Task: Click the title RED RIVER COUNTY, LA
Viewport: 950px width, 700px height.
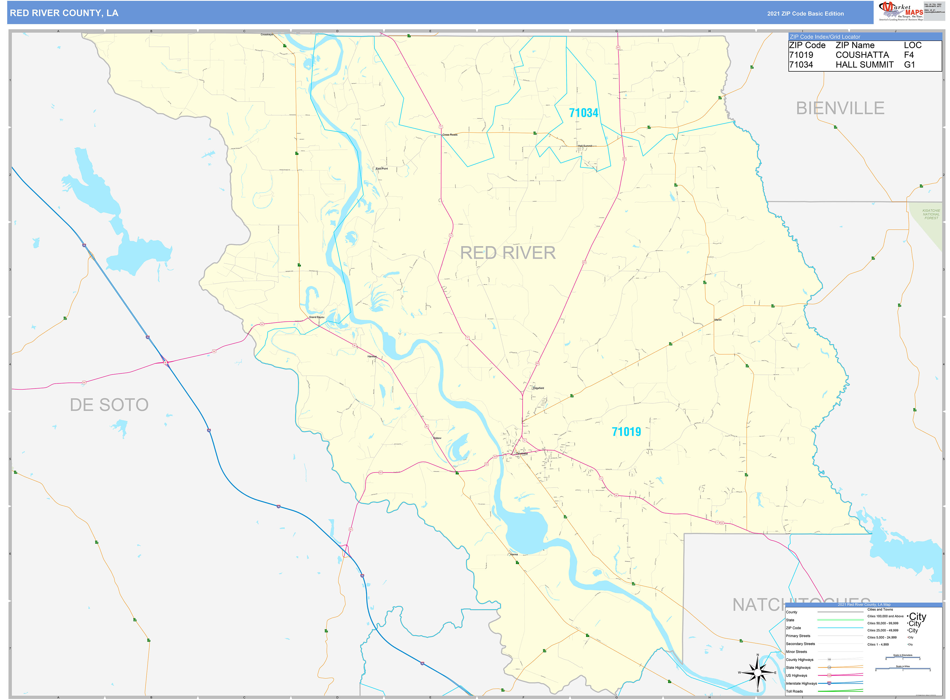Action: (x=64, y=13)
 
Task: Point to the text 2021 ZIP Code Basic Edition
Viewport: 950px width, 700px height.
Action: (x=805, y=13)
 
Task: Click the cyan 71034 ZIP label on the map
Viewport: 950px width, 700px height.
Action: (x=583, y=113)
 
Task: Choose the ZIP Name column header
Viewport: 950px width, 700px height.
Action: (x=855, y=45)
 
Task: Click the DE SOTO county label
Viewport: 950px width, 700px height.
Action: (x=109, y=405)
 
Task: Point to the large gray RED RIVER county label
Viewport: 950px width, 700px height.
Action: (x=508, y=253)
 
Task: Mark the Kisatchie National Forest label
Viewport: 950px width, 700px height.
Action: (x=931, y=214)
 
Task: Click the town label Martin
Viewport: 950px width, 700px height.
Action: (x=718, y=320)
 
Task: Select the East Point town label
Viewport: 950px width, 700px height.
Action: (x=382, y=169)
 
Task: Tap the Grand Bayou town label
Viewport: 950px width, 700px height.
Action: (x=317, y=317)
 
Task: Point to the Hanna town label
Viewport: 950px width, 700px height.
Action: (x=514, y=554)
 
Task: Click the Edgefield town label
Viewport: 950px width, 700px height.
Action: (x=538, y=388)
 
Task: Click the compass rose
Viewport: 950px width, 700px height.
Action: (x=758, y=673)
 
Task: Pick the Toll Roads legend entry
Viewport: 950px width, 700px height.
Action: (x=794, y=691)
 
